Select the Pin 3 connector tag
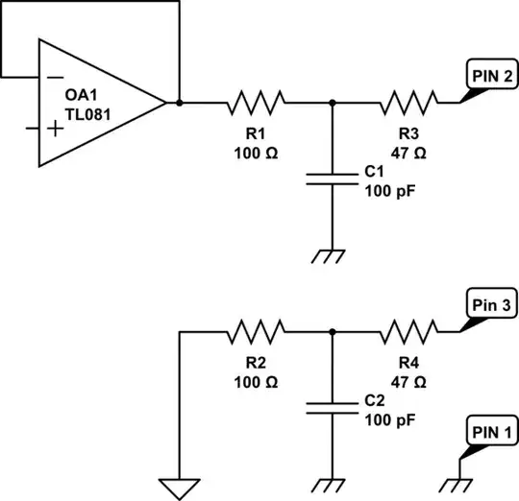pos(491,304)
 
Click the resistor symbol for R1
pos(256,102)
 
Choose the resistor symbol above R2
pos(256,333)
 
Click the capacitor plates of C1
pos(332,179)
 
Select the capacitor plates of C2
pos(332,410)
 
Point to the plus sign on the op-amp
pos(57,129)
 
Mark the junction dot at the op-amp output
pos(180,102)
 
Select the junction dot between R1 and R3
pos(332,102)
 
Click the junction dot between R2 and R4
pos(332,333)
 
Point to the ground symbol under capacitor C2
pos(332,484)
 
